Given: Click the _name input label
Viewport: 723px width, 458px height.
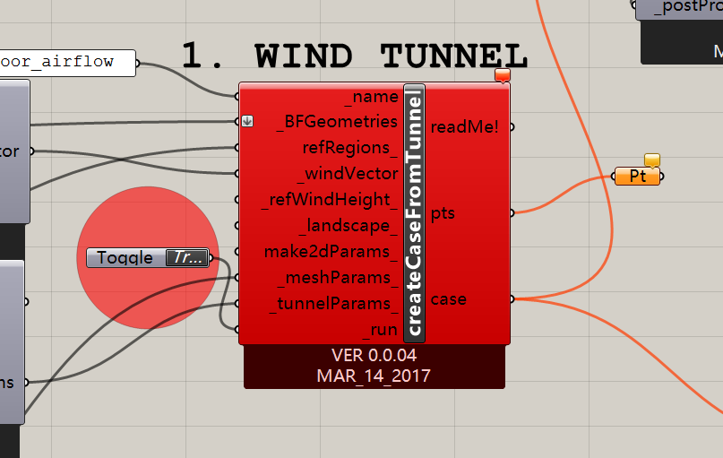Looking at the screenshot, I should (375, 96).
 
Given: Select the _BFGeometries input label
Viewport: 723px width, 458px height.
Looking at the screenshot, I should (338, 121).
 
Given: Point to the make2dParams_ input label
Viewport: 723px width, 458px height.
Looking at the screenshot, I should (331, 252).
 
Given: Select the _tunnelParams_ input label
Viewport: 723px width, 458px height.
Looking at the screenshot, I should (333, 304).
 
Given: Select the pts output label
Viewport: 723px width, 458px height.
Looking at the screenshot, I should (443, 213).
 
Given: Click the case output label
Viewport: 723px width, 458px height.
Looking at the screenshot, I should (448, 298).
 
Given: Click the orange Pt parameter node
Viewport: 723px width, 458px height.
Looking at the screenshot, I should (638, 177).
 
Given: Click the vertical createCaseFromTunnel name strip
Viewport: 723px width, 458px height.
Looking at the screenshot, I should (414, 213).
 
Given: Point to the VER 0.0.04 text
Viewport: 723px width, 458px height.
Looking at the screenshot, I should (374, 356).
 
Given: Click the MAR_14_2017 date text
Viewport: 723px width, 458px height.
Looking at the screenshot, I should (374, 376).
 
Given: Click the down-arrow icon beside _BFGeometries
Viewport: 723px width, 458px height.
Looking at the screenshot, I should (248, 121).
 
